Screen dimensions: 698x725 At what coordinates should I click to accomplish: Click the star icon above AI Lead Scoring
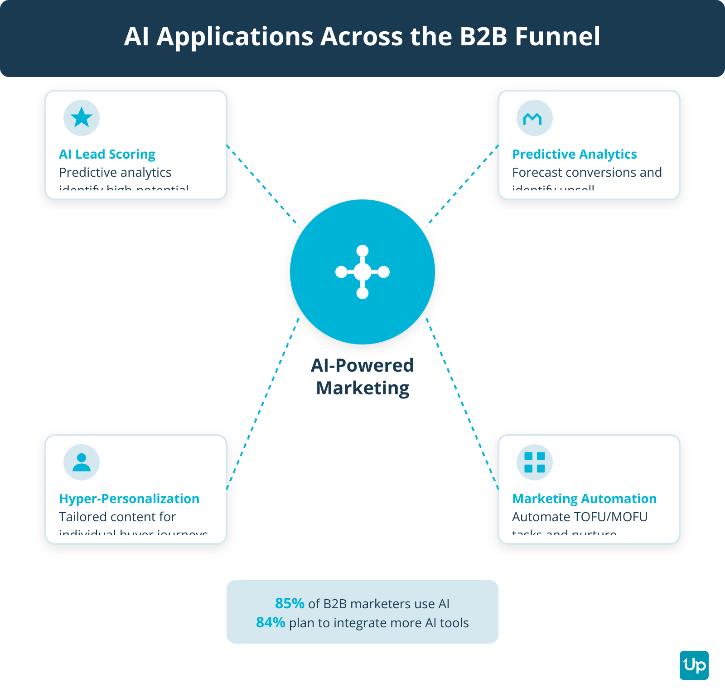(x=82, y=118)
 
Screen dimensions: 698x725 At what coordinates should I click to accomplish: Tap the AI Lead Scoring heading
(x=107, y=154)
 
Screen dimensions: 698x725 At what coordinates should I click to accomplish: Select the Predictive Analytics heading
(x=574, y=154)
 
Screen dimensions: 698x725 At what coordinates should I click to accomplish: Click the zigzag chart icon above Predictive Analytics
(x=534, y=118)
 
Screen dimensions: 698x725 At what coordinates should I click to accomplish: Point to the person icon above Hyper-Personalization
(x=82, y=462)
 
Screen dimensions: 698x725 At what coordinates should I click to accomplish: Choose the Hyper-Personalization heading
(x=129, y=499)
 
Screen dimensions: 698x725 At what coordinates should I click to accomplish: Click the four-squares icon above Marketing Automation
(x=535, y=462)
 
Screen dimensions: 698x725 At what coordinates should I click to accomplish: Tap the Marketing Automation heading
(x=584, y=499)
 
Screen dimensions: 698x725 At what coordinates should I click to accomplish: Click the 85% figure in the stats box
(x=290, y=603)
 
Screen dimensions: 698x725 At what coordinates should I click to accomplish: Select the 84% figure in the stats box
(x=271, y=622)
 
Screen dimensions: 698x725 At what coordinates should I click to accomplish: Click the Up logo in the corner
(x=694, y=665)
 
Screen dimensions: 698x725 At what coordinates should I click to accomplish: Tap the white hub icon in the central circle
(x=362, y=272)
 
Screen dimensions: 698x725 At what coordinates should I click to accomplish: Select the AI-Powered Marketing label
(x=362, y=377)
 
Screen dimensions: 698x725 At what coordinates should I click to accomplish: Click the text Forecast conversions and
(x=587, y=172)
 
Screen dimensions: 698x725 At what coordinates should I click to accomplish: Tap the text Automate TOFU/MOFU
(x=580, y=517)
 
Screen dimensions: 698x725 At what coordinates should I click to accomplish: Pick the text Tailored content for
(x=117, y=517)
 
